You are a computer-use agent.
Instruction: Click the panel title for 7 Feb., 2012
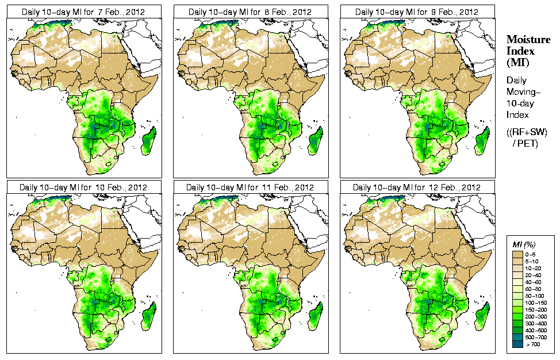pos(82,12)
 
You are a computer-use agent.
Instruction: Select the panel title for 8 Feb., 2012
pos(250,12)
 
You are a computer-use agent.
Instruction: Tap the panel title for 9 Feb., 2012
pos(417,12)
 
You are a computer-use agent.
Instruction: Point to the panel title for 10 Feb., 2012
pos(83,187)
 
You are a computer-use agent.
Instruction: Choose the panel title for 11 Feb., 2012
pos(250,187)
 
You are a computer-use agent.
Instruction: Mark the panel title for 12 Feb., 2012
pos(417,187)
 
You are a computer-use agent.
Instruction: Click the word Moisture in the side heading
pos(528,39)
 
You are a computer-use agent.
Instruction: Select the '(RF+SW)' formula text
pos(527,133)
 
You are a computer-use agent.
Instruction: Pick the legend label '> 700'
pos(535,343)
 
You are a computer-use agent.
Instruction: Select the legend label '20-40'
pos(535,274)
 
